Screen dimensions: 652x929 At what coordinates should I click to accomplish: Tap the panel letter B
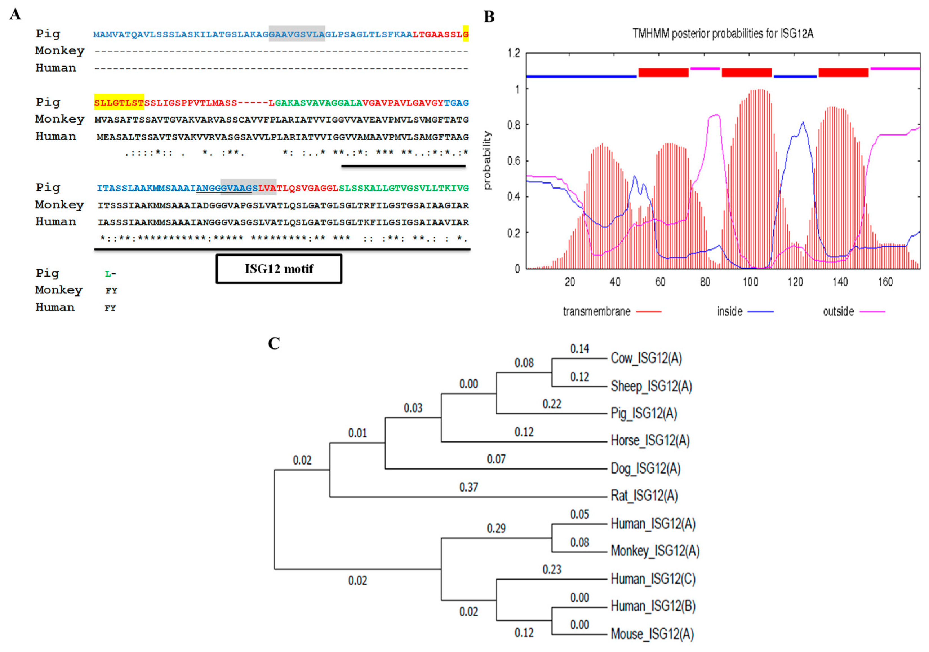pos(489,17)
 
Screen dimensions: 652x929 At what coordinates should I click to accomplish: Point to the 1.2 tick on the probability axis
pos(514,53)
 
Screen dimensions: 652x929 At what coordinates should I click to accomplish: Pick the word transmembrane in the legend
pos(596,311)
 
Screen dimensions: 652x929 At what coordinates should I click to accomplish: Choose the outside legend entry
pos(838,311)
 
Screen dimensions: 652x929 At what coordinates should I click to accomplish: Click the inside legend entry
pos(730,311)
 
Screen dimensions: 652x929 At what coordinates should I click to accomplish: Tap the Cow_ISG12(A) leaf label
pos(646,358)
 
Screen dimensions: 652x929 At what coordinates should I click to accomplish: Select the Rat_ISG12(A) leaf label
pos(644,495)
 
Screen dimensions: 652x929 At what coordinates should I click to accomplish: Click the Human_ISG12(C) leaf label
pos(653,579)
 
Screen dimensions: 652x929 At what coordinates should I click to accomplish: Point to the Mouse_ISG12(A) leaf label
pos(652,634)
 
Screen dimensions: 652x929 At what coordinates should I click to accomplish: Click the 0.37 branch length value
pos(469,487)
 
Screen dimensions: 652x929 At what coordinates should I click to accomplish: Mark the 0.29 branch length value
pos(496,528)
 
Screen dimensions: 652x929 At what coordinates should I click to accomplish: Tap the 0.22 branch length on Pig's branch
pos(551,404)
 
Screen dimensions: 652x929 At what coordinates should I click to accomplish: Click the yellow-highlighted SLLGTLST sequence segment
pos(119,103)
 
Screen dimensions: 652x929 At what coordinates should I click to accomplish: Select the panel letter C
pos(274,343)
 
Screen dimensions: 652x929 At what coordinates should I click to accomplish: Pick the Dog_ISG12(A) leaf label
pos(645,468)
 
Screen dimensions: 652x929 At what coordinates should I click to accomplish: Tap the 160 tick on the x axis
pos(885,282)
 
